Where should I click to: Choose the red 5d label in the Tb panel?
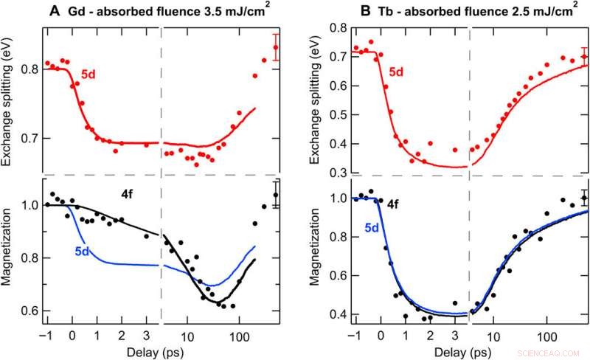click(396, 72)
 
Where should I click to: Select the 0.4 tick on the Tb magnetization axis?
click(337, 315)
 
